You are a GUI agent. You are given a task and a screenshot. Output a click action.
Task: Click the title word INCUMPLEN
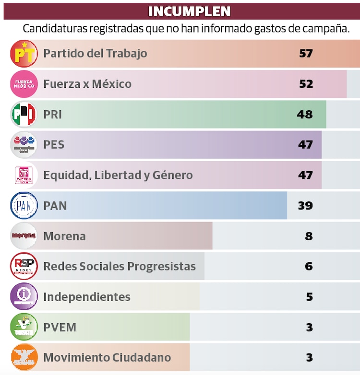coord(189,11)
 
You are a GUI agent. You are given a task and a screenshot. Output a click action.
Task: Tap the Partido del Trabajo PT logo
coord(24,53)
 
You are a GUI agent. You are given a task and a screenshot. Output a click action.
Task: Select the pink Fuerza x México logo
coord(24,84)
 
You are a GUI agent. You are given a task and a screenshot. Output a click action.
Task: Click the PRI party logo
coord(24,115)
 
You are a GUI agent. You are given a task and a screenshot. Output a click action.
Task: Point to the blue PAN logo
coord(24,206)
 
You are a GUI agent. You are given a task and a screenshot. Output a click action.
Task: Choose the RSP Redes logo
coord(24,266)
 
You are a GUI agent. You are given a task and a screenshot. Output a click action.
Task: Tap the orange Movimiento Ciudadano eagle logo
coord(24,357)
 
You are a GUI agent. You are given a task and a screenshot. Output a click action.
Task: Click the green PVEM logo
coord(24,327)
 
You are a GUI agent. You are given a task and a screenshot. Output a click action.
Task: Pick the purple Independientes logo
coord(24,297)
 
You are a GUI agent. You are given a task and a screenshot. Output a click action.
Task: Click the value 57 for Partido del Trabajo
coord(306,53)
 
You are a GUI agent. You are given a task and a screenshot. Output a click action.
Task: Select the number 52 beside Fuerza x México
coord(306,84)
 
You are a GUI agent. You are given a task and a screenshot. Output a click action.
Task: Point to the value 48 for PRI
coord(305,115)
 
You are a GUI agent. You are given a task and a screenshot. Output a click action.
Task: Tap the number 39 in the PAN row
coord(305,206)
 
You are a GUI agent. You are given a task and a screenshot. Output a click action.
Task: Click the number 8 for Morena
coord(309,236)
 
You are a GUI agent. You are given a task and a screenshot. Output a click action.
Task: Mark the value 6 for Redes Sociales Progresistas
coord(309,266)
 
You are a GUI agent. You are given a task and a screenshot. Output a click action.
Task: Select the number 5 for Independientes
coord(309,297)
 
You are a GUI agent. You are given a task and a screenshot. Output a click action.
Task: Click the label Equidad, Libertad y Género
coord(118,176)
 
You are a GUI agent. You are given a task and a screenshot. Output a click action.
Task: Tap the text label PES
coord(54,145)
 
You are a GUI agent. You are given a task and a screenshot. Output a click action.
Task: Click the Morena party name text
coord(64,236)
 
